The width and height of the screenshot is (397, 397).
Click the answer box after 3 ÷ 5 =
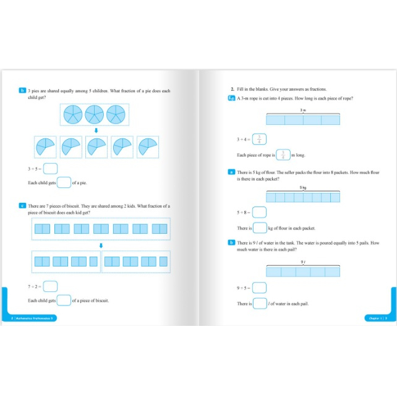pos(51,168)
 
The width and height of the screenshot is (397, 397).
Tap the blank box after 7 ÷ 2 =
pos(51,286)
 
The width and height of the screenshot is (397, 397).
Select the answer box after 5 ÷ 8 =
pos(259,213)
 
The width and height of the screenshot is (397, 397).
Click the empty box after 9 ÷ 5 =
pos(259,288)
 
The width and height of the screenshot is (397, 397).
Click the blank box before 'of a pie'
pos(64,182)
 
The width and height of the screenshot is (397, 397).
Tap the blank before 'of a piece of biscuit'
pos(64,301)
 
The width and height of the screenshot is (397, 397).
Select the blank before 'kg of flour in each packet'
pos(259,228)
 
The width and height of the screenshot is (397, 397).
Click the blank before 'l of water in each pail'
pos(260,304)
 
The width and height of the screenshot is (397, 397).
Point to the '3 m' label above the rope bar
pos(303,110)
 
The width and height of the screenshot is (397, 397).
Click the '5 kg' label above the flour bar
pos(303,187)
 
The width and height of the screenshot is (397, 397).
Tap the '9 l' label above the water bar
pos(303,262)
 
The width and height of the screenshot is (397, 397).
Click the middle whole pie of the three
pos(94,114)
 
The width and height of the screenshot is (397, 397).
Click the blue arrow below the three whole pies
pos(95,130)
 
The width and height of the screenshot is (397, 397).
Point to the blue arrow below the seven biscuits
pos(100,245)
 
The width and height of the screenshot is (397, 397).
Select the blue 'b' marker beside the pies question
pos(22,91)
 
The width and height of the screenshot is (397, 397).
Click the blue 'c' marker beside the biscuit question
pos(22,205)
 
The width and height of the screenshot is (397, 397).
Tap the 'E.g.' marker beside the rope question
pos(231,98)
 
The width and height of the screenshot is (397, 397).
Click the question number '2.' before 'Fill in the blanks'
pos(232,89)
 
